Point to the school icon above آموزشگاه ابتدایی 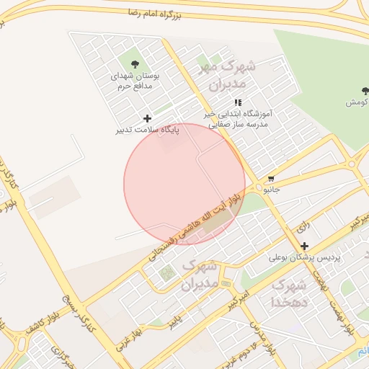tap(239, 103)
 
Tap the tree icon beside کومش tap(365, 91)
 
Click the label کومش tap(357, 102)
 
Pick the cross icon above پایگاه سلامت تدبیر tap(148, 118)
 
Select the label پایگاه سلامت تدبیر tap(148, 130)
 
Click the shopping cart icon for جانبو tap(271, 179)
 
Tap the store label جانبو tap(270, 190)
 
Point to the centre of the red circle tap(184, 184)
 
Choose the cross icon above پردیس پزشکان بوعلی tap(304, 246)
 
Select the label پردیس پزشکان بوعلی tap(303, 257)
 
